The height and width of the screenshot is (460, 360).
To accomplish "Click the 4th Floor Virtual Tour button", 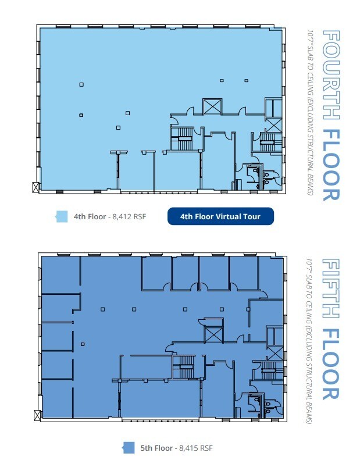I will point(220,217).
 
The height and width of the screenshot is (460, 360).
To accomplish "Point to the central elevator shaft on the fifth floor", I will point(212,334).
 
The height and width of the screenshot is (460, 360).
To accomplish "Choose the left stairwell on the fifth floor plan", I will point(184,366).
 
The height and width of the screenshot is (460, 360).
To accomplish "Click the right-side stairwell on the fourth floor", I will point(268,140).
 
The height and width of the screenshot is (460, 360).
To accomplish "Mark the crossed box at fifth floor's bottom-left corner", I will point(38,415).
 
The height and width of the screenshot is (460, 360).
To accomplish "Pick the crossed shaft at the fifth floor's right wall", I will point(276,353).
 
